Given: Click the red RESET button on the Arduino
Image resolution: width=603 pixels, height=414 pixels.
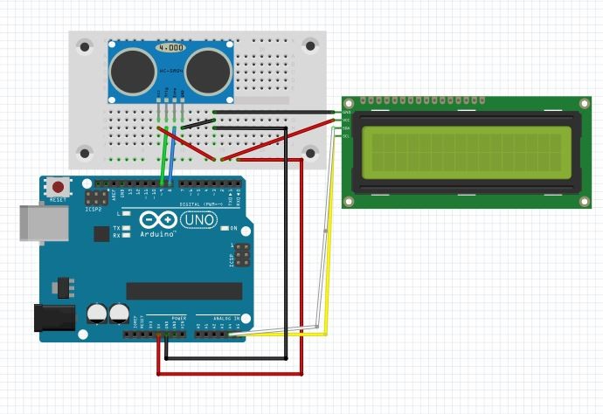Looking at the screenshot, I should point(59,187).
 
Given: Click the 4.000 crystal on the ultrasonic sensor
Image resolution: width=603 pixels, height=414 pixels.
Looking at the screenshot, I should point(169,47).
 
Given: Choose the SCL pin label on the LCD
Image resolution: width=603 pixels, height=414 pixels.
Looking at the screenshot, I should point(347,135).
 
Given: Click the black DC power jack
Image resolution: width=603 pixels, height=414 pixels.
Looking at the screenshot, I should point(51,316).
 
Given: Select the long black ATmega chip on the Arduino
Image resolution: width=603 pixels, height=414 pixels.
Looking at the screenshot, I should point(184,290).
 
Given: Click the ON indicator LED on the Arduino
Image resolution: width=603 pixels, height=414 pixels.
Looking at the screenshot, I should point(223,229).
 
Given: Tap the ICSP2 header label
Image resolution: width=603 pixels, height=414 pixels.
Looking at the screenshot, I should point(94,210).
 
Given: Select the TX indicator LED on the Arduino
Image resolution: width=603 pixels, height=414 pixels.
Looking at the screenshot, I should point(128,228).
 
